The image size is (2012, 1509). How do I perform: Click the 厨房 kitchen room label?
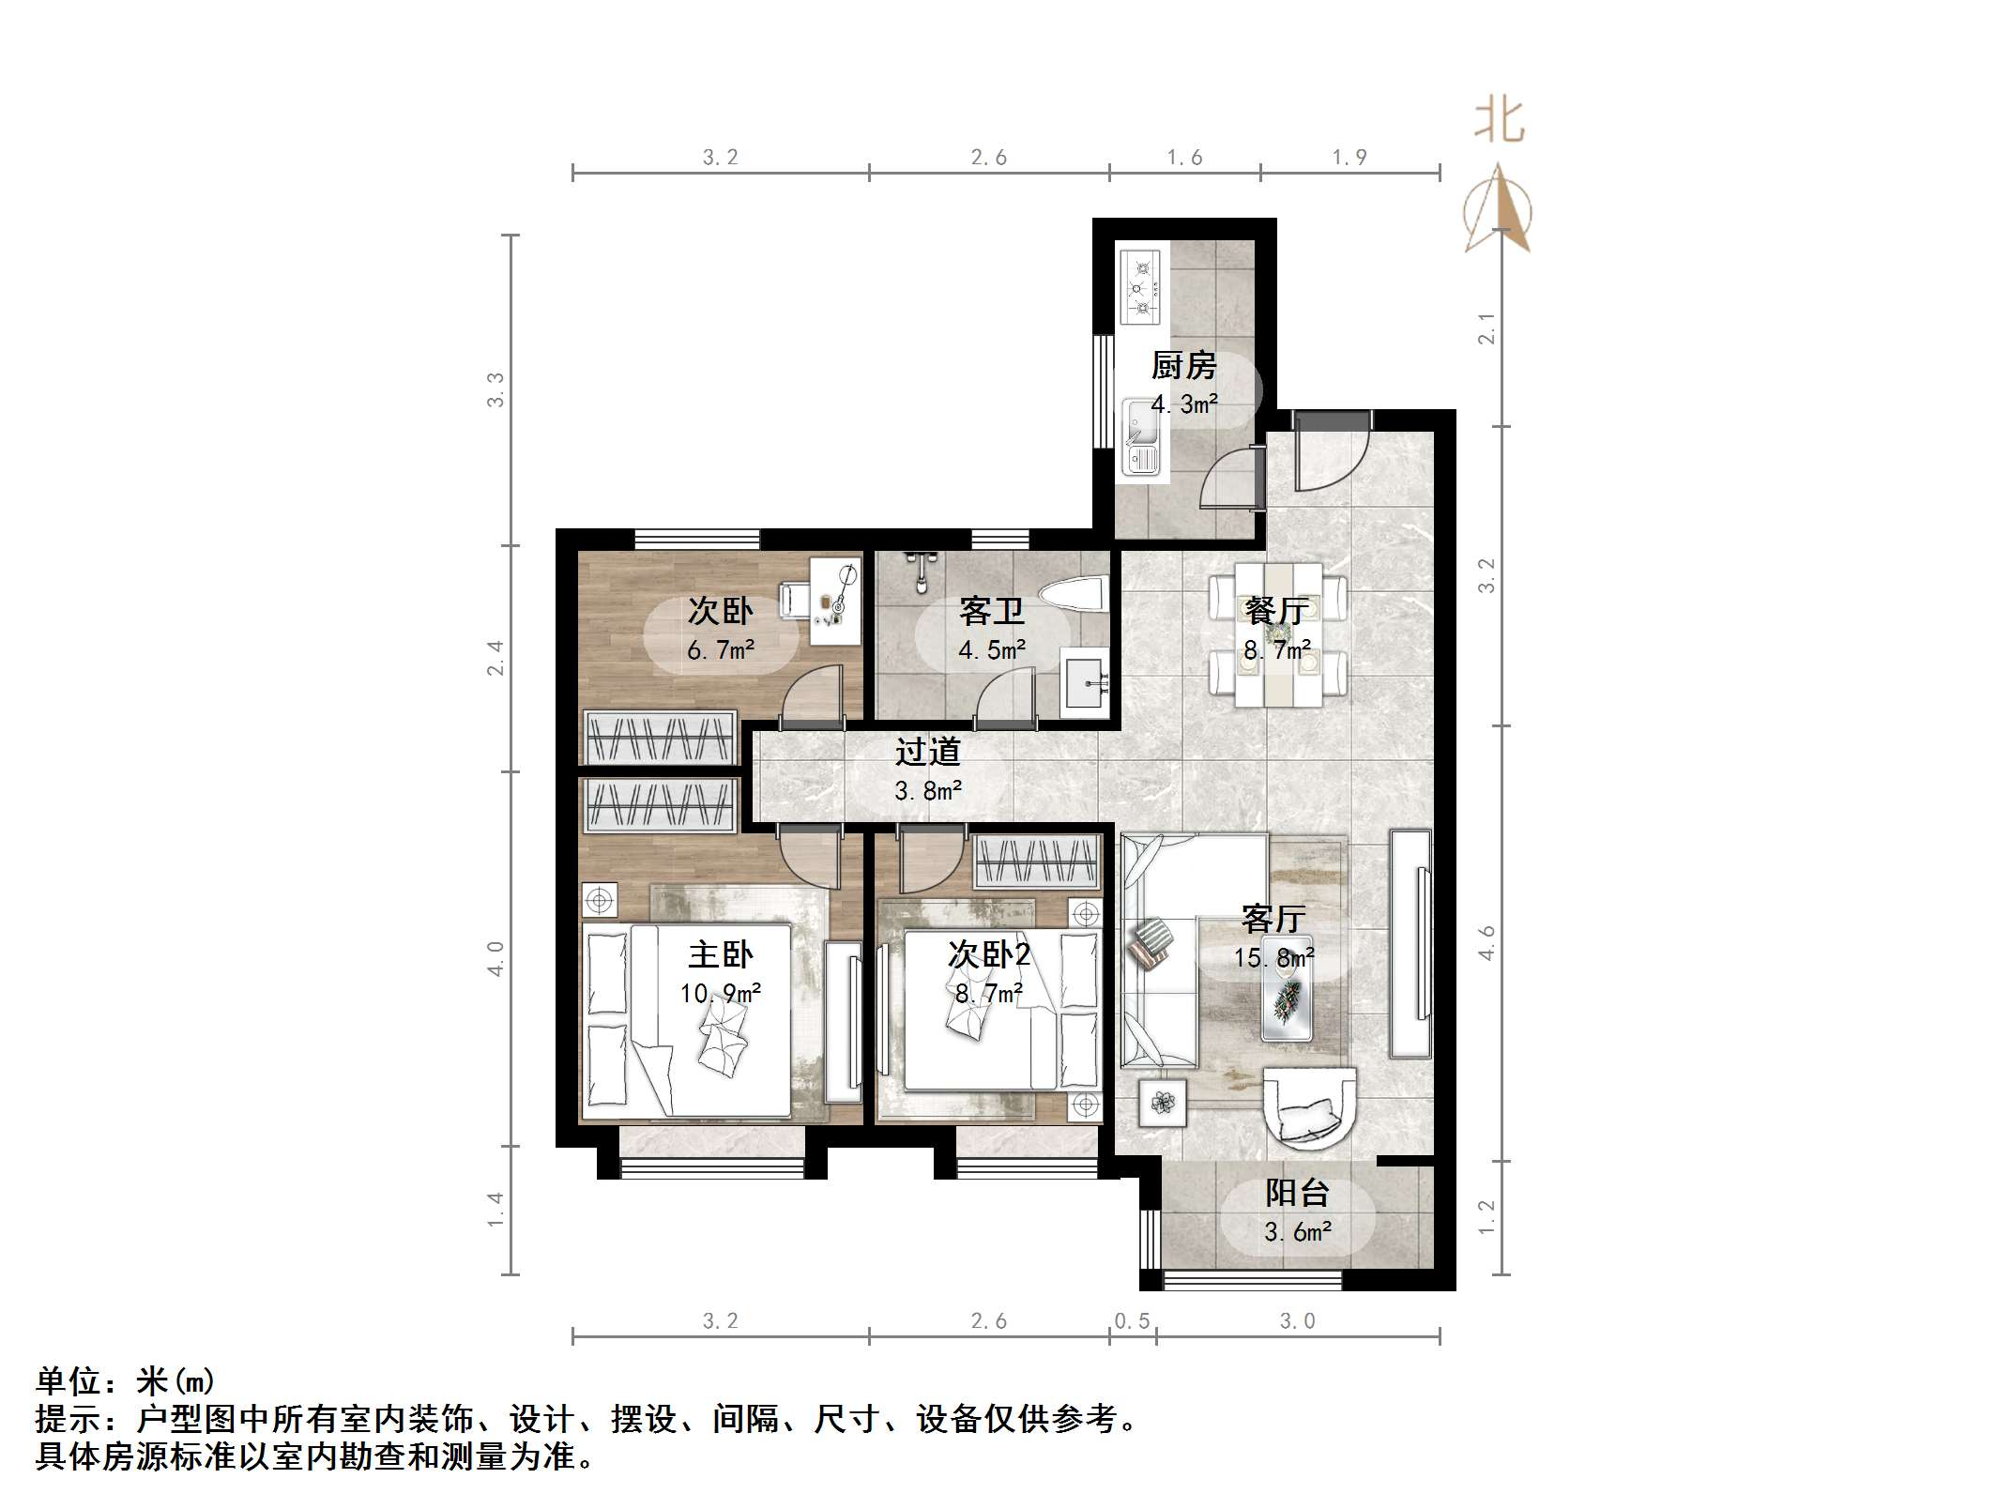(1183, 365)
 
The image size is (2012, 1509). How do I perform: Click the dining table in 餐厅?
(1278, 634)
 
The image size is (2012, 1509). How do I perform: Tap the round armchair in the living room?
(1309, 1107)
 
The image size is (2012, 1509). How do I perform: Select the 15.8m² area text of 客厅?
(1273, 957)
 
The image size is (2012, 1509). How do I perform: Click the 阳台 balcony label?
(1297, 1193)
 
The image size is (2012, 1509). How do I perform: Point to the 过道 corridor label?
(927, 752)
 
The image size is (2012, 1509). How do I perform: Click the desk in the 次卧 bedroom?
(834, 601)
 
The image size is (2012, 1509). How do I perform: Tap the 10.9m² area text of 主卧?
(720, 993)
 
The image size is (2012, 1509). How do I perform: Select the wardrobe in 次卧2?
(1036, 861)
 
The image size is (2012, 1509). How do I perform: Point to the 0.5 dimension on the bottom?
(1132, 1321)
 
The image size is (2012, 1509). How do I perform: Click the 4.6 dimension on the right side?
(1486, 942)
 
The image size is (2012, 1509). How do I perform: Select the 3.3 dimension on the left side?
(495, 389)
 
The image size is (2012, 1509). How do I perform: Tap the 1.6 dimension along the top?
(1184, 158)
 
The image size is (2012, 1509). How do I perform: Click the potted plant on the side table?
(1163, 1103)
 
